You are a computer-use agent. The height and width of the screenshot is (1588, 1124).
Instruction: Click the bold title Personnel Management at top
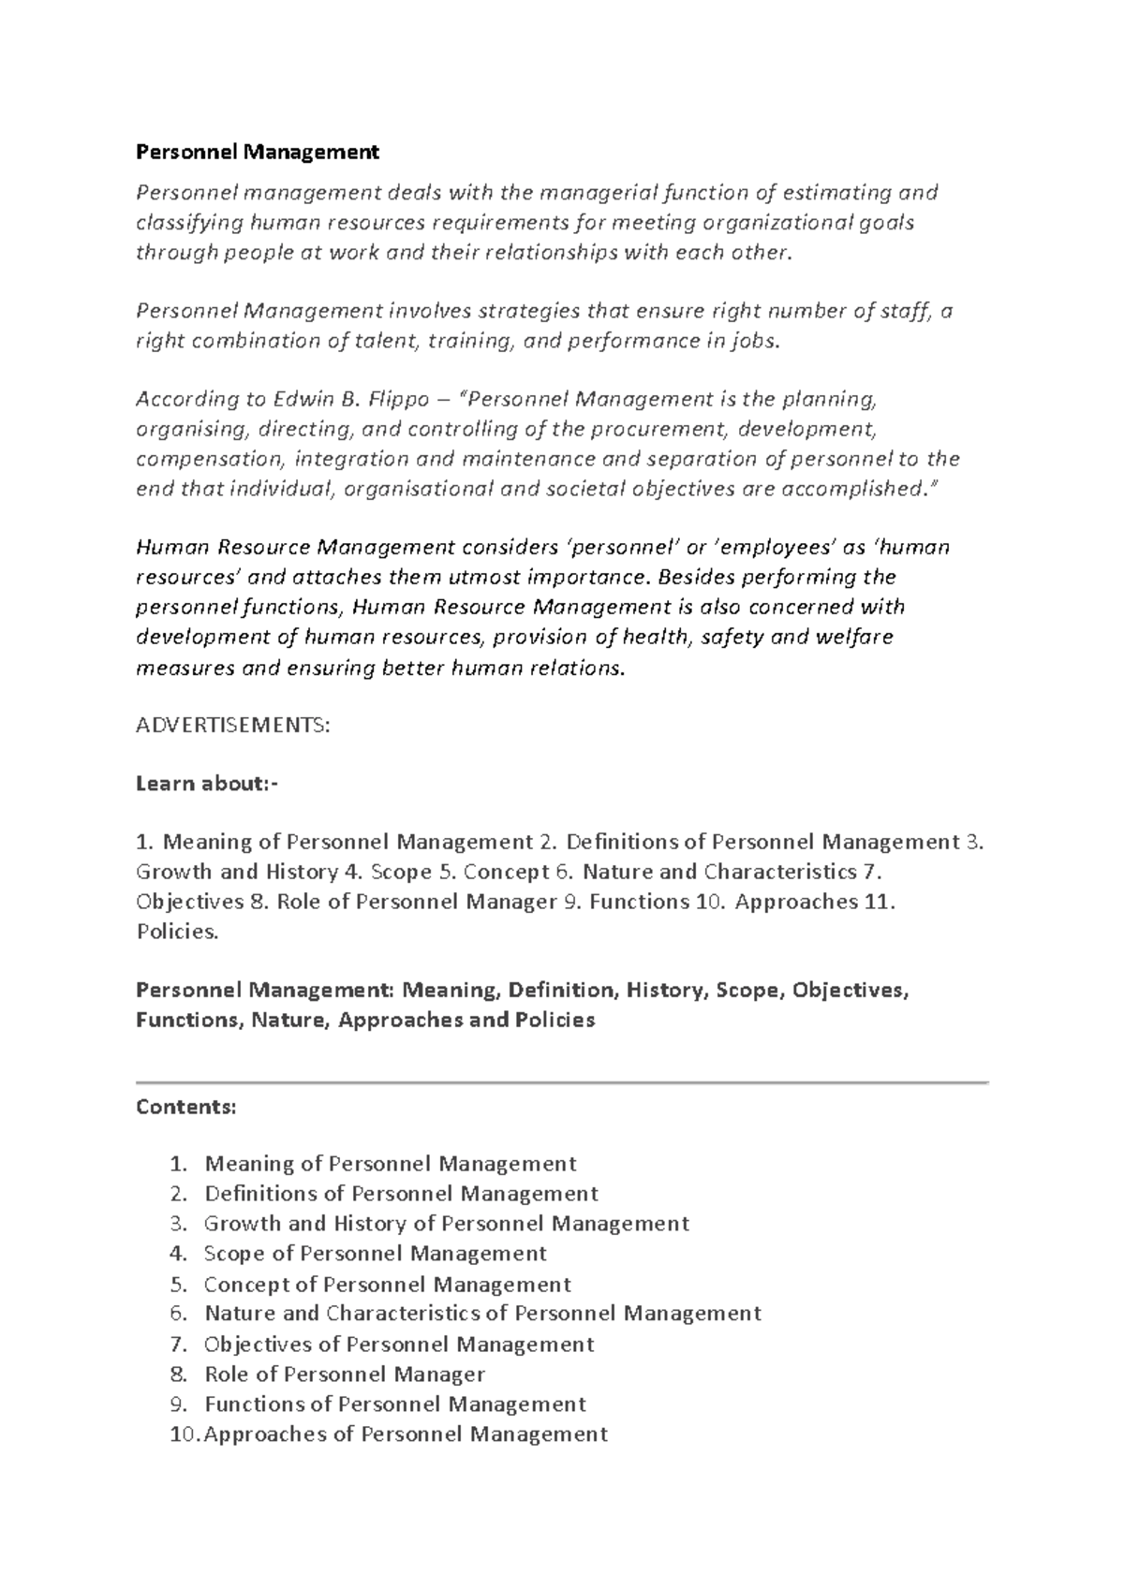click(x=258, y=152)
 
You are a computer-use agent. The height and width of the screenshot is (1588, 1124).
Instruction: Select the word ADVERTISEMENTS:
click(x=232, y=726)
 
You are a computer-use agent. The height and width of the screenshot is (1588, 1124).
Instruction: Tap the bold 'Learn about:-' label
click(x=207, y=784)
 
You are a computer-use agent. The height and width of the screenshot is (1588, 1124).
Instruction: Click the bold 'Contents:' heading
click(x=186, y=1107)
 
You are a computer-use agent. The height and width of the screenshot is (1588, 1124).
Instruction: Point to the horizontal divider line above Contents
click(x=562, y=1082)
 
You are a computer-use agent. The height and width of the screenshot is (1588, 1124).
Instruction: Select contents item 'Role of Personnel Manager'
click(x=345, y=1375)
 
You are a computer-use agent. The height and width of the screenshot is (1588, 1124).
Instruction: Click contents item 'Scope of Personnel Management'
click(x=375, y=1254)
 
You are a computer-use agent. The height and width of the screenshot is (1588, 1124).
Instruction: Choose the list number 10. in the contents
click(x=185, y=1434)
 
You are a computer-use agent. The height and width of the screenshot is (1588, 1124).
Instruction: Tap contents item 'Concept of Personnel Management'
click(x=387, y=1285)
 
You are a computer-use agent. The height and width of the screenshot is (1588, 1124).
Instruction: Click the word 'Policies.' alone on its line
click(x=177, y=933)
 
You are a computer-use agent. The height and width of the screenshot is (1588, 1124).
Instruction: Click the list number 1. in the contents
click(x=179, y=1164)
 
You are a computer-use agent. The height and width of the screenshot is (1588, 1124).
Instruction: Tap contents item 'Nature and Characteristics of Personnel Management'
click(x=482, y=1314)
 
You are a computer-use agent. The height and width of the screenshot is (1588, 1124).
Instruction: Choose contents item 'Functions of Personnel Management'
click(x=394, y=1404)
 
